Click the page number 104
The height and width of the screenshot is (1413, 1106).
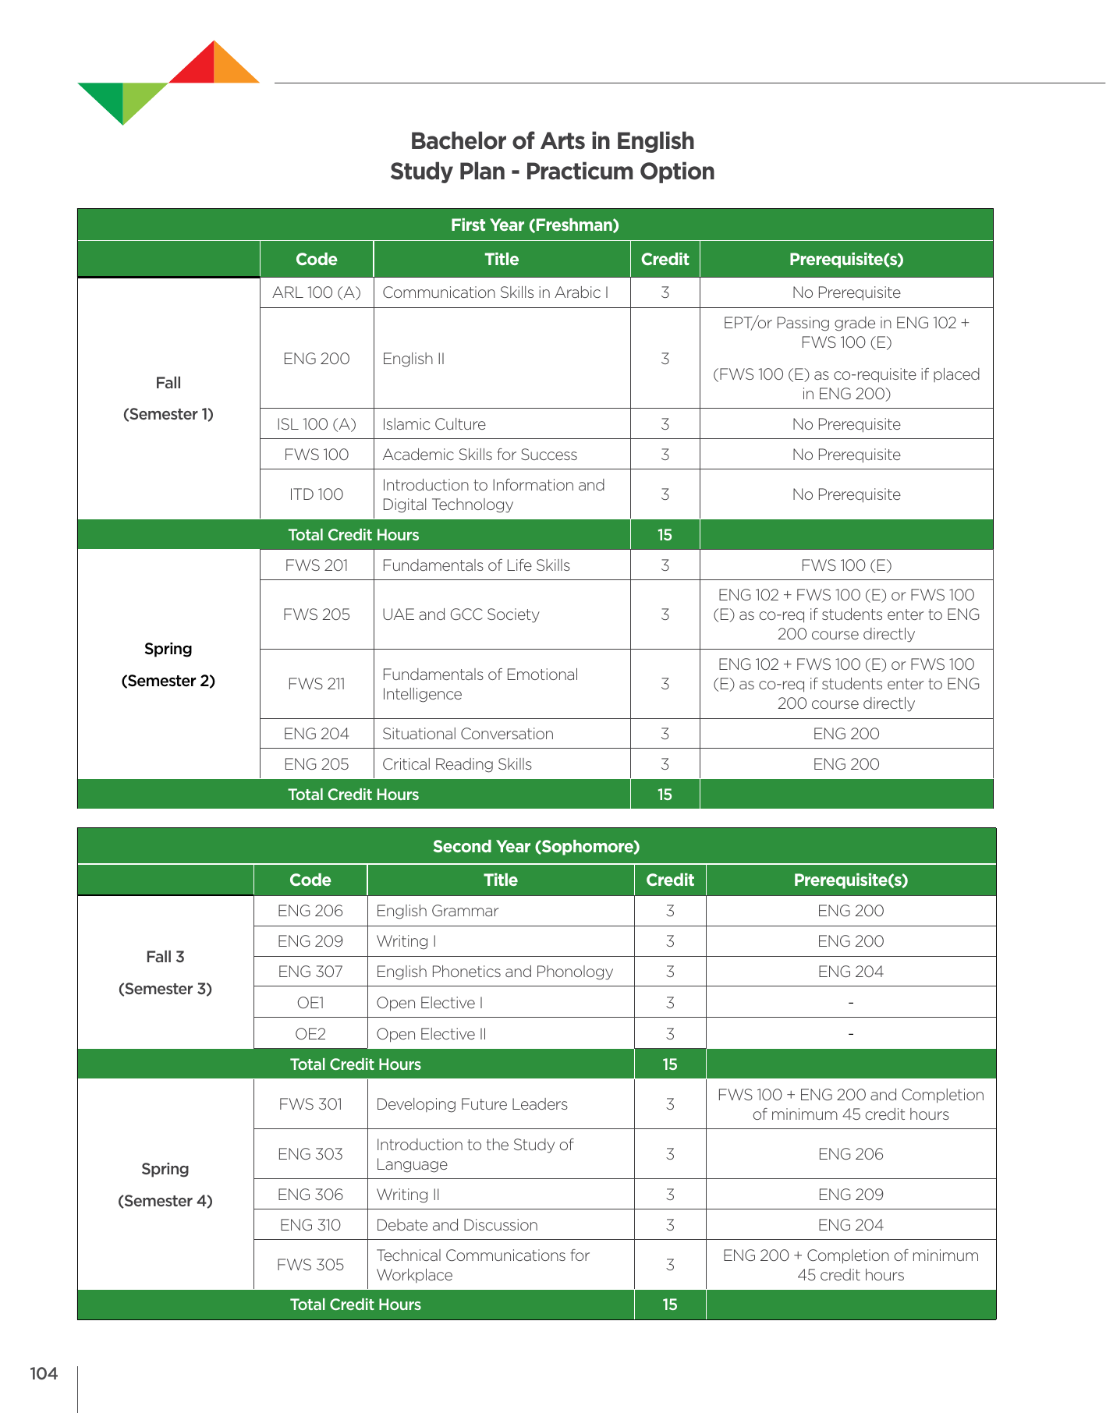44,1373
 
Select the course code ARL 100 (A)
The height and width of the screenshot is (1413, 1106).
316,292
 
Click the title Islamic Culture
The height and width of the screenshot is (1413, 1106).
434,424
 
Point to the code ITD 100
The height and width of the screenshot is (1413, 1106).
316,494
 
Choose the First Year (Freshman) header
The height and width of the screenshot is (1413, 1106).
534,225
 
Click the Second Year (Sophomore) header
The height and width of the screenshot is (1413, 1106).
536,846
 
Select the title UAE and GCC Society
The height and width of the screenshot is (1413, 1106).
460,614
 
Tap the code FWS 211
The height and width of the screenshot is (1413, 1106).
316,684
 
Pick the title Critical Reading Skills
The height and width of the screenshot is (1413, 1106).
456,764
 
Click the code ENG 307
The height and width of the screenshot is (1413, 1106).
310,972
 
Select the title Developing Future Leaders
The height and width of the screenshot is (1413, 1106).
471,1104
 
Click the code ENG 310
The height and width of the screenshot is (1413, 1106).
310,1225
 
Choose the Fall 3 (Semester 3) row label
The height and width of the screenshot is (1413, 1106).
165,972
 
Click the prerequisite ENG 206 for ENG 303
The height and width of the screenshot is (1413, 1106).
850,1154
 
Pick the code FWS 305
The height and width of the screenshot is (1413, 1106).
310,1265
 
